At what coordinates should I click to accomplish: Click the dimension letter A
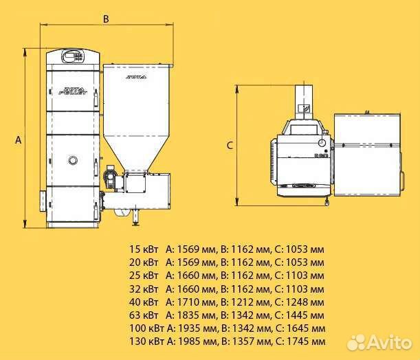point(18,140)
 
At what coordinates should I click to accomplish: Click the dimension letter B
point(106,19)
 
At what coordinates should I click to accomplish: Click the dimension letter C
point(230,146)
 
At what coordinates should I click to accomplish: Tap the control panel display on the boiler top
point(73,56)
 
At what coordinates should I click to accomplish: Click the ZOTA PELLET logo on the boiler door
point(73,91)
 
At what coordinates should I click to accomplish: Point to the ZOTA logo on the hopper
point(136,77)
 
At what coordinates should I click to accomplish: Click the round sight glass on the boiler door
point(73,160)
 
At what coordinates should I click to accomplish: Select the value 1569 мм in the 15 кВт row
point(196,249)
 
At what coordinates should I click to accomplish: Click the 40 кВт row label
point(144,302)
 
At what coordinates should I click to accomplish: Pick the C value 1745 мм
point(306,341)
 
